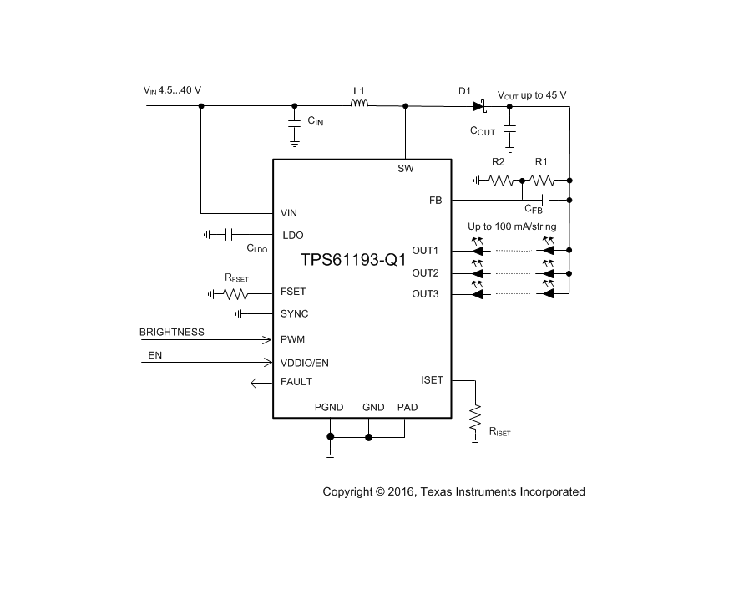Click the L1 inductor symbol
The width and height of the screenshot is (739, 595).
(359, 104)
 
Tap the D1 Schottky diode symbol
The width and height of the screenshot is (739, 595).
(479, 106)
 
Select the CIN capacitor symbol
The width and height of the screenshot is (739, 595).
(295, 124)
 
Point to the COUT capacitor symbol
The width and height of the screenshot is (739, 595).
(509, 129)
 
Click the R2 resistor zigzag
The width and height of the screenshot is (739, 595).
(501, 181)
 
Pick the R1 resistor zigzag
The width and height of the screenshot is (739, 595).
(542, 181)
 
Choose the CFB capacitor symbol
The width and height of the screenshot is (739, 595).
(546, 200)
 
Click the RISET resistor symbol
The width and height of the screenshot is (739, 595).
(475, 417)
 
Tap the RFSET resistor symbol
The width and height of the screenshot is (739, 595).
(235, 294)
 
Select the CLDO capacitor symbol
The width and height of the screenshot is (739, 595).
(229, 235)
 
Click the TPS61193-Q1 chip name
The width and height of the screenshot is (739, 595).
(353, 260)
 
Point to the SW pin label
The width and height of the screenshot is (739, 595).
(405, 169)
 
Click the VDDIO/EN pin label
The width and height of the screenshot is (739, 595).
(305, 363)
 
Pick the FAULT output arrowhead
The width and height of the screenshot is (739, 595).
(255, 383)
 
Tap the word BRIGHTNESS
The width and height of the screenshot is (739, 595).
(172, 333)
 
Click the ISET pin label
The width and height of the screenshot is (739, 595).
(433, 380)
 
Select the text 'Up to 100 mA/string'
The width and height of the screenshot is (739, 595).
(512, 226)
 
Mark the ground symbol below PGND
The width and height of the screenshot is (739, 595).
(331, 456)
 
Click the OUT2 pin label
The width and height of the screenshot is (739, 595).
(425, 272)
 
